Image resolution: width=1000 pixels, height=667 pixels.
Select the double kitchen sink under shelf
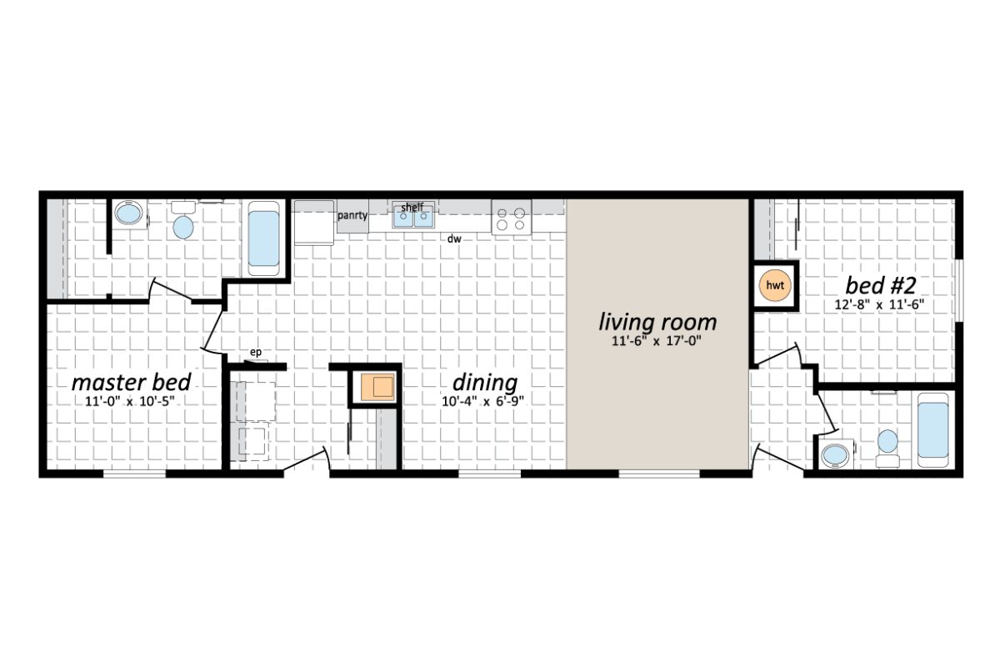point(414,218)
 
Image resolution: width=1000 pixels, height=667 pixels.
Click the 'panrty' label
point(352,215)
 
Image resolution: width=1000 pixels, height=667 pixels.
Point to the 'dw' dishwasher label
point(453,239)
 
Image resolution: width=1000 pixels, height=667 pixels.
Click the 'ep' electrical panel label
point(256,353)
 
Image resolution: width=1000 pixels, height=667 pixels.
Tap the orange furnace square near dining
point(377,388)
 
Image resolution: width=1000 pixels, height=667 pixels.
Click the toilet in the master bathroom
point(182,223)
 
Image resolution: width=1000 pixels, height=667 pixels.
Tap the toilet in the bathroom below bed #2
point(887,444)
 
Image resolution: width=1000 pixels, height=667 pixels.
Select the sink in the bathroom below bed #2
point(833,455)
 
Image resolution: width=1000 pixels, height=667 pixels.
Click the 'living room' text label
point(657,322)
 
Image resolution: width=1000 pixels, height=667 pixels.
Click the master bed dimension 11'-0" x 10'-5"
point(130,401)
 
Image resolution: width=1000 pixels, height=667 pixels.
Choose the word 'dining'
point(484,383)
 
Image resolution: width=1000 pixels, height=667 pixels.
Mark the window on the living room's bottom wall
point(658,474)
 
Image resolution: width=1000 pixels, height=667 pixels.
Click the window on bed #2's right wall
point(958,290)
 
